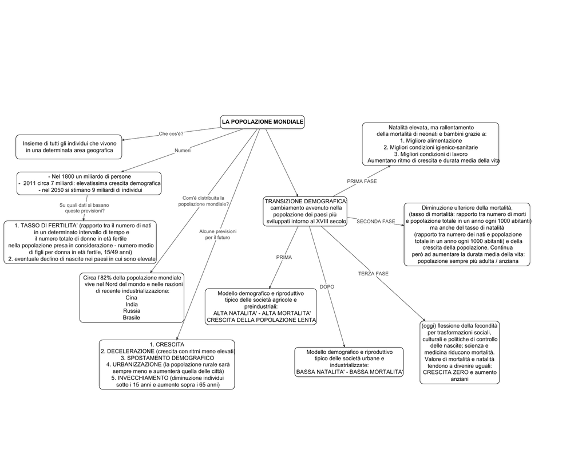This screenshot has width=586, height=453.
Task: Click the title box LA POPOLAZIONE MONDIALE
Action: coord(262,122)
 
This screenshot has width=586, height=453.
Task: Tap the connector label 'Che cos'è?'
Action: coord(171,133)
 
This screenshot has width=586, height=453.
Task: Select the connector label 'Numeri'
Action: coord(183,151)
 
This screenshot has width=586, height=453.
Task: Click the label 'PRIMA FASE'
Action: coord(362,181)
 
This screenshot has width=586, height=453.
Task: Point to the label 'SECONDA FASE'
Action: coord(375,222)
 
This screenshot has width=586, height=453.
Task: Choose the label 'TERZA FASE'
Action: coord(373,273)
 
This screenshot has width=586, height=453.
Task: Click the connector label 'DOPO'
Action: coord(327,287)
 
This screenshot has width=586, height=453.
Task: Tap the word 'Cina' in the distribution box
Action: coord(131,298)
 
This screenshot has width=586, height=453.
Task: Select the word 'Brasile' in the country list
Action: coord(132,318)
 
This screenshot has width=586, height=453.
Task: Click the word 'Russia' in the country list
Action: coord(132,311)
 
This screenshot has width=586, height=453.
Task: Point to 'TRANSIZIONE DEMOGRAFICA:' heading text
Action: coord(306,201)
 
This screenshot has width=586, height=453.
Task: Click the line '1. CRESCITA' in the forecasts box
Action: coord(167,345)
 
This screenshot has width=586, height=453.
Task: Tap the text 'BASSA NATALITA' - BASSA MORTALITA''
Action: coord(350,372)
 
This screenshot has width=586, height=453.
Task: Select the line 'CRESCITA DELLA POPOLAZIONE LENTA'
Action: coord(261,320)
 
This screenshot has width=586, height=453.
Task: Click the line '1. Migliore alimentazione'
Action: coord(431,141)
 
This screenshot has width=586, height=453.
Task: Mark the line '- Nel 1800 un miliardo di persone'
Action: coord(90,176)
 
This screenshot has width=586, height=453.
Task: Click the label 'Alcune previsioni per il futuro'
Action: coord(217,235)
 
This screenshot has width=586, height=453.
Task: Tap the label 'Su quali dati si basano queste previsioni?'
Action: coord(85,208)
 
